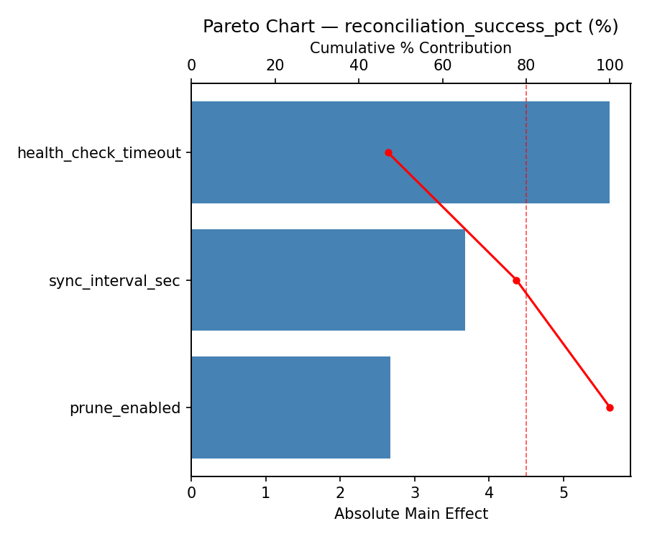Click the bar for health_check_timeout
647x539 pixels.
pyautogui.click(x=400, y=152)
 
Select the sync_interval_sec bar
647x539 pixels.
pyautogui.click(x=328, y=280)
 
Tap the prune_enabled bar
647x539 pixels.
pyautogui.click(x=290, y=407)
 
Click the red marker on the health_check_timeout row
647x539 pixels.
pyautogui.click(x=388, y=152)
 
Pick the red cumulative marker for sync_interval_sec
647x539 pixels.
pyautogui.click(x=516, y=280)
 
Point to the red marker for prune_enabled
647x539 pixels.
pyautogui.click(x=610, y=407)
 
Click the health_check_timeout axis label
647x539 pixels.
pyautogui.click(x=98, y=153)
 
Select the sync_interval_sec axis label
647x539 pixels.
pyautogui.click(x=114, y=281)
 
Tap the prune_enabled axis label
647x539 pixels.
pyautogui.click(x=124, y=408)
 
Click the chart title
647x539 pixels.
pyautogui.click(x=410, y=27)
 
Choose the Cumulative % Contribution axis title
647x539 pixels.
pyautogui.click(x=410, y=48)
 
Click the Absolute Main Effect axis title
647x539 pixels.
pyautogui.click(x=410, y=514)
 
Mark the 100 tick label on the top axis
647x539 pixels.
pyautogui.click(x=610, y=65)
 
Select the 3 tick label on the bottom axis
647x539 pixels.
pyautogui.click(x=415, y=493)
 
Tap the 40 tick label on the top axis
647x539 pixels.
pyautogui.click(x=359, y=65)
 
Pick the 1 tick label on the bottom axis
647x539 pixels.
pyautogui.click(x=266, y=493)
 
